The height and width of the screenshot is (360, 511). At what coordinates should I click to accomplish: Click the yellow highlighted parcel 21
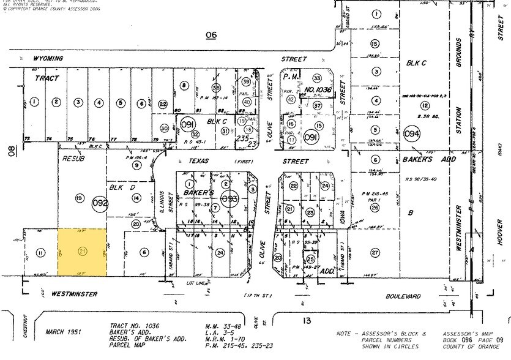[82, 252]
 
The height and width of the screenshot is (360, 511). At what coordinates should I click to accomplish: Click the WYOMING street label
[48, 59]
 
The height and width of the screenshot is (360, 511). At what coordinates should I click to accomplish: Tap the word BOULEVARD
[403, 296]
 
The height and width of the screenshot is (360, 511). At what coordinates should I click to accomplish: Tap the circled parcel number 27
[375, 252]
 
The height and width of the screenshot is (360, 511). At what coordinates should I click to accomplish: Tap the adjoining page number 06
[211, 35]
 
